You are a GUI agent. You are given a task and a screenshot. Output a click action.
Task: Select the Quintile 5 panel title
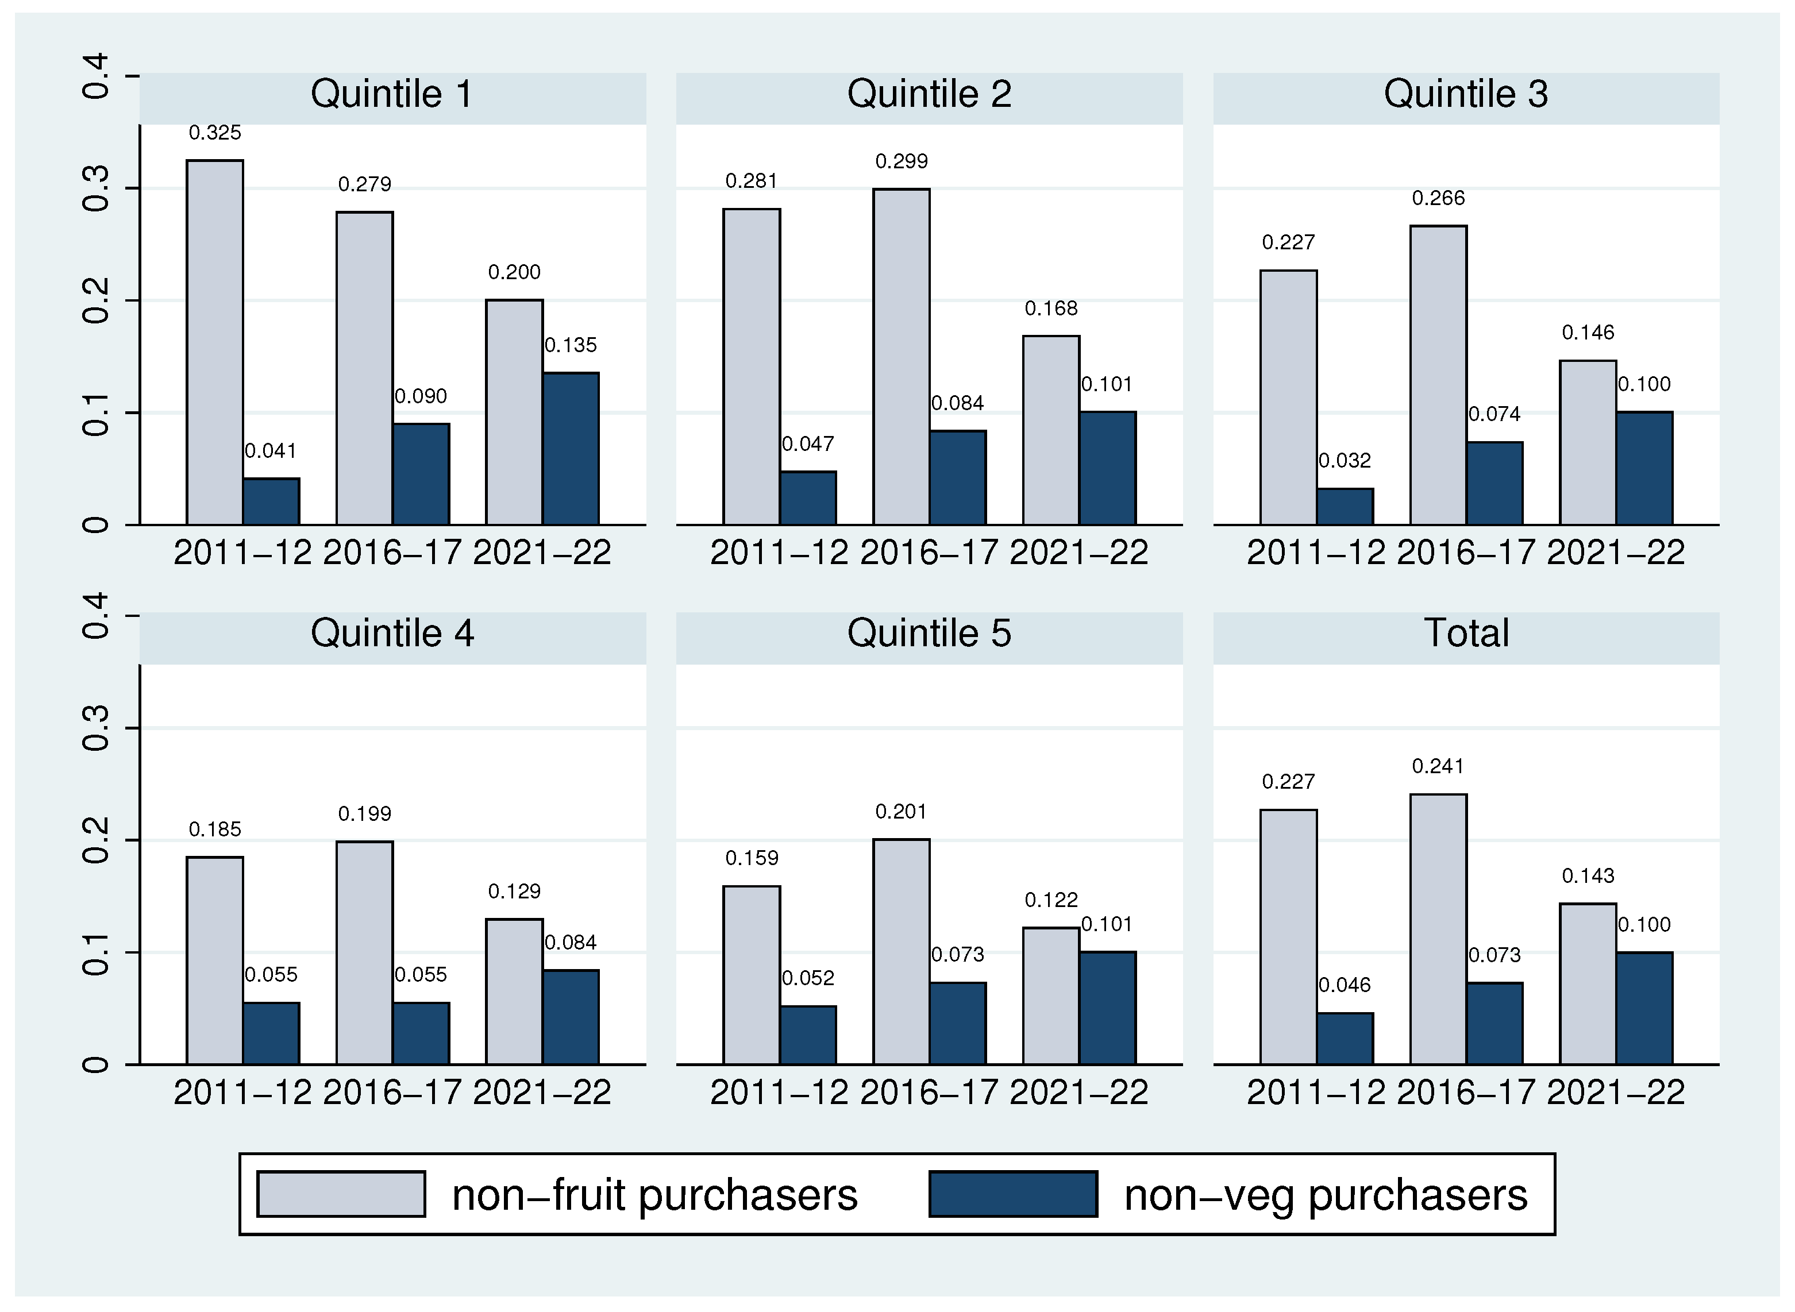929,634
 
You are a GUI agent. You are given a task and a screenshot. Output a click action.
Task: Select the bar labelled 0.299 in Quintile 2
901,357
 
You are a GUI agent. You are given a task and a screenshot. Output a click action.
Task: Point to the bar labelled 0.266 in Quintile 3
1438,375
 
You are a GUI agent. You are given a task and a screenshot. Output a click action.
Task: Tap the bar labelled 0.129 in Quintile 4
514,991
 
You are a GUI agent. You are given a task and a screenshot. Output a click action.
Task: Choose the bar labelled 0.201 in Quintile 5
901,951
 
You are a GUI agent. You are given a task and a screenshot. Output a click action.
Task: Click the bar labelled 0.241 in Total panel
1438,929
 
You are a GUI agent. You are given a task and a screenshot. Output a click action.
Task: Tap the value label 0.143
1588,876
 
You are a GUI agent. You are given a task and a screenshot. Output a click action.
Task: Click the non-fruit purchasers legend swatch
341,1194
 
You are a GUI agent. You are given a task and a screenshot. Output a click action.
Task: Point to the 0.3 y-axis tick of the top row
95,188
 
